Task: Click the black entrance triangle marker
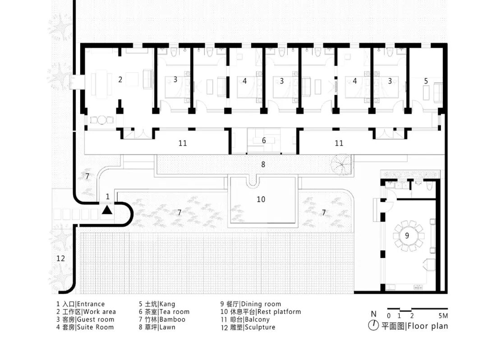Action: click(107, 210)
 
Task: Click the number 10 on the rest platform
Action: click(261, 199)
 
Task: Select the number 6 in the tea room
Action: click(264, 140)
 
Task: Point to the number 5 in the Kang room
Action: click(426, 81)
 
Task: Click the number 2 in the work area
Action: click(120, 79)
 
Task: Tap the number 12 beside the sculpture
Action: click(60, 258)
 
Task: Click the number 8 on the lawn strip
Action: click(263, 164)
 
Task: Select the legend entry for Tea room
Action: click(164, 312)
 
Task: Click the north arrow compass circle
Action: click(373, 325)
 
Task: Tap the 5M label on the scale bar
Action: click(443, 315)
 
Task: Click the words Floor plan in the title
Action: click(427, 326)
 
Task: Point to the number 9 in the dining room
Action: click(407, 235)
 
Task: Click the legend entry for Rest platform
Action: click(261, 312)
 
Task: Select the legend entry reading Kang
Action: click(157, 304)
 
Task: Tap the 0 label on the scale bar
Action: click(389, 315)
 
